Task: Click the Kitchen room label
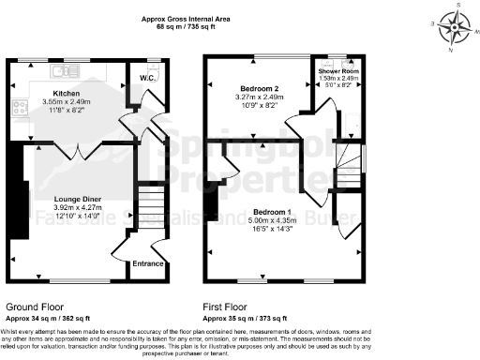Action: click(x=65, y=95)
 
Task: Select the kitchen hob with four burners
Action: click(x=19, y=105)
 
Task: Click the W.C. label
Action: click(x=147, y=78)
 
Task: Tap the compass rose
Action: click(x=457, y=26)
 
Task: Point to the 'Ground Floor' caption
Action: click(x=35, y=307)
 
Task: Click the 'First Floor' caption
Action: click(x=227, y=307)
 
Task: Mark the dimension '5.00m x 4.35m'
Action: click(x=271, y=220)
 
